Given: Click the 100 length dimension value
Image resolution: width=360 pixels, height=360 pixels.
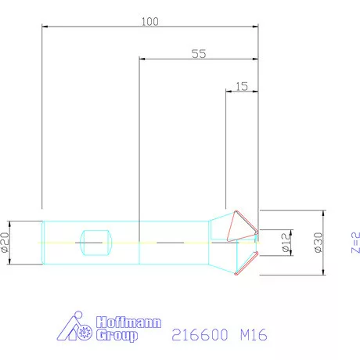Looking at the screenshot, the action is click(149, 22).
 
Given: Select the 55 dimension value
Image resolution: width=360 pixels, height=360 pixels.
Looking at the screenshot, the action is click(199, 54).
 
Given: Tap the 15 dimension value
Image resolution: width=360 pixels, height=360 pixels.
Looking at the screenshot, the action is click(242, 86).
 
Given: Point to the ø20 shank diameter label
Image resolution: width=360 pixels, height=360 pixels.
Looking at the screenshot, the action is click(5, 243).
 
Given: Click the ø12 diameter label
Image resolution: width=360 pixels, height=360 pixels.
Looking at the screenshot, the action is click(286, 243).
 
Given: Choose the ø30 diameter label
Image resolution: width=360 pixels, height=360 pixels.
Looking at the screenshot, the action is click(319, 243).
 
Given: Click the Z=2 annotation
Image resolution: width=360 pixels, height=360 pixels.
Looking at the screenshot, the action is click(355, 243).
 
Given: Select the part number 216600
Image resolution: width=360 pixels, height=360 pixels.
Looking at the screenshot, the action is click(200, 334).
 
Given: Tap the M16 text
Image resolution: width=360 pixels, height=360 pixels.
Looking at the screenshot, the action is click(254, 334).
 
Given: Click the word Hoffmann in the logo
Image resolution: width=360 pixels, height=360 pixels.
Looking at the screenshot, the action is click(129, 322).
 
